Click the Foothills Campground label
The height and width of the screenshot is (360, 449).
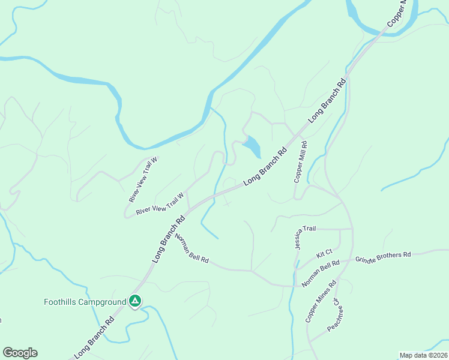pos(85,302)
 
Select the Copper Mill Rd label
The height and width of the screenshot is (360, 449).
pos(300,162)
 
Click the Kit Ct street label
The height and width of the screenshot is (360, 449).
pos(324,254)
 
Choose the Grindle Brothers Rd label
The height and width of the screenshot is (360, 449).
pos(382,257)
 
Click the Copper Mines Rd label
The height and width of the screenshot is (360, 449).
pos(321,301)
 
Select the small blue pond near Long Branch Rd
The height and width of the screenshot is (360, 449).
pos(253,146)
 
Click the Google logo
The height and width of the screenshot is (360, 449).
pos(20,353)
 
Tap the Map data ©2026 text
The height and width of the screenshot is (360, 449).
pos(423,355)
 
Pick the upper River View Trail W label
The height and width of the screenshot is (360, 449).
pos(142,179)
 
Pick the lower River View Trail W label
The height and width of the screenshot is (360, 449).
pos(159,204)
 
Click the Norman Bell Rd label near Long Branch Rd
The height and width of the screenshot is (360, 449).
pos(191,248)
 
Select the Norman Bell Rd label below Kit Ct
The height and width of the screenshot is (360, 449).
pos(321,274)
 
